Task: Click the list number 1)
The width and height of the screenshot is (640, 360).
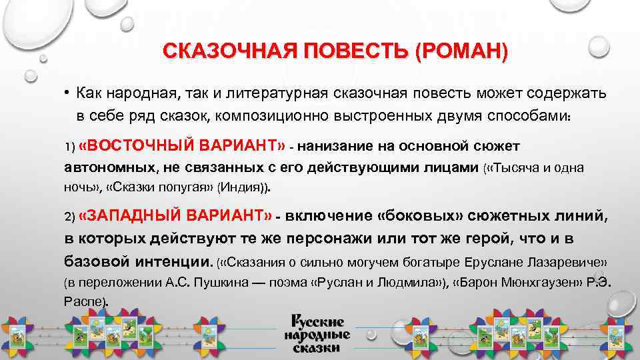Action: tap(69, 147)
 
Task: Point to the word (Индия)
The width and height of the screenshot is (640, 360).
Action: tap(247, 188)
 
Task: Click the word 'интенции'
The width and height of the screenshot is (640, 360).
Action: tap(173, 259)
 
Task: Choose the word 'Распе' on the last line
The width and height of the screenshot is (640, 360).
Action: tap(83, 302)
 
